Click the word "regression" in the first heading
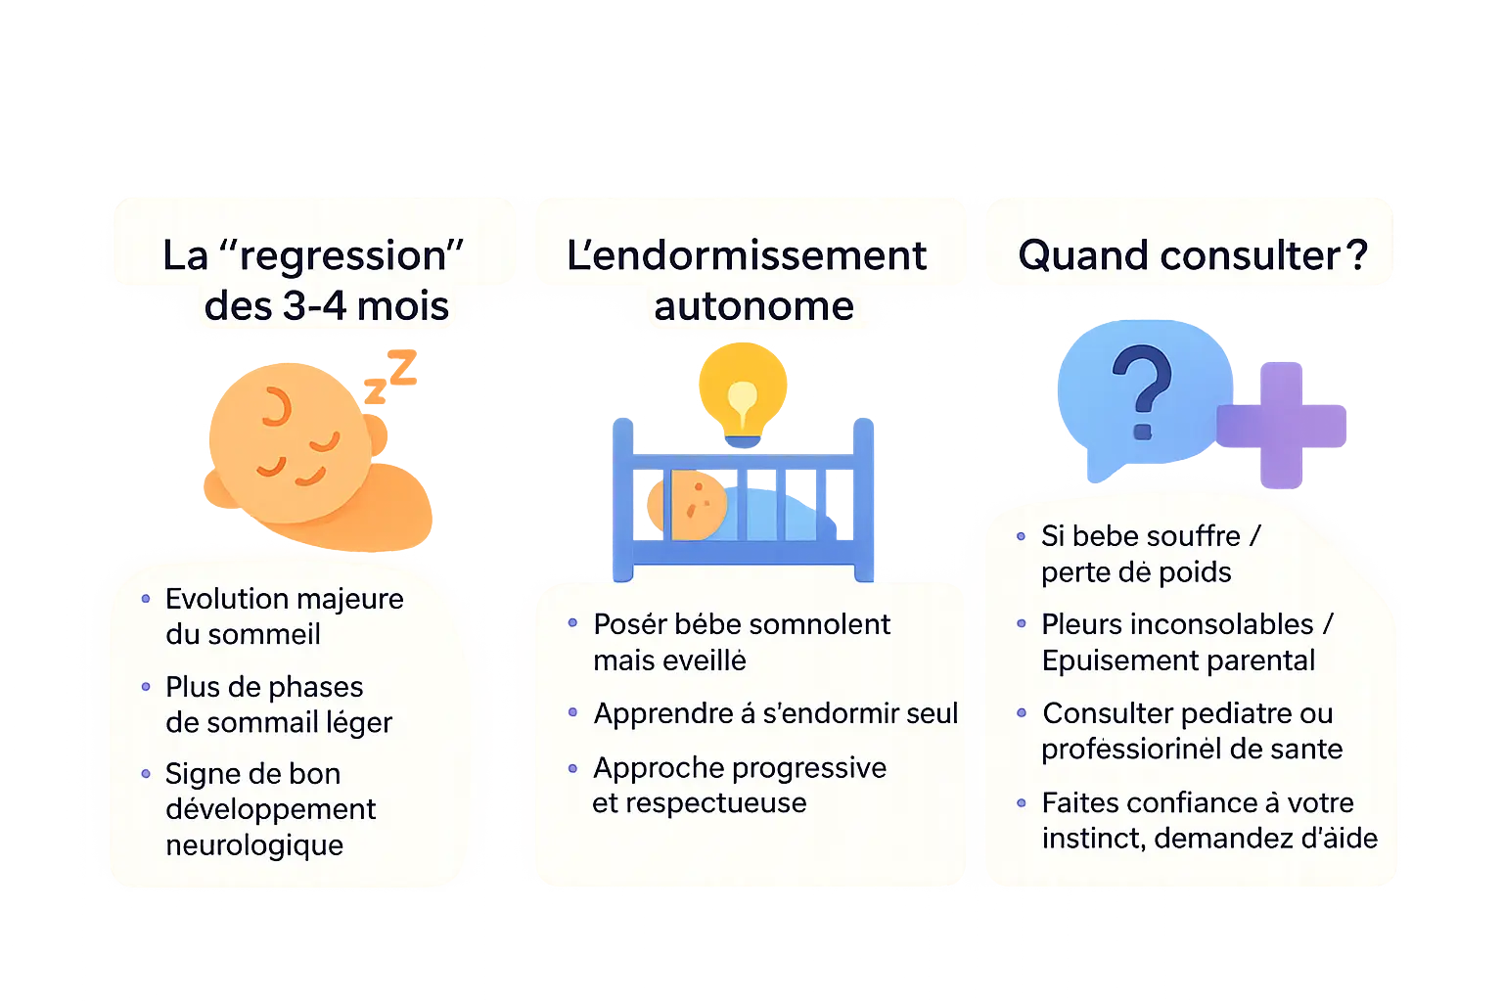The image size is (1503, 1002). click(x=342, y=256)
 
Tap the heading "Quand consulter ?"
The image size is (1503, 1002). click(x=1192, y=255)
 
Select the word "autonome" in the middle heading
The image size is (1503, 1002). click(x=753, y=306)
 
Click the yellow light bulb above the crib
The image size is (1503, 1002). click(x=743, y=391)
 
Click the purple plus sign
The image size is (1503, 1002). click(x=1281, y=424)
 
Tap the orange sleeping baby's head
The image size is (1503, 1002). click(x=289, y=440)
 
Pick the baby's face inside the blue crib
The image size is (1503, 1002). click(x=698, y=505)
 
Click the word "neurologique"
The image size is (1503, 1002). click(x=254, y=845)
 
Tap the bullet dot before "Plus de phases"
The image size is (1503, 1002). click(x=146, y=687)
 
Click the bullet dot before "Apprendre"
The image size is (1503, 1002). click(x=573, y=712)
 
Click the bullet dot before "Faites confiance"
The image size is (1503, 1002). click(x=1022, y=803)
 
